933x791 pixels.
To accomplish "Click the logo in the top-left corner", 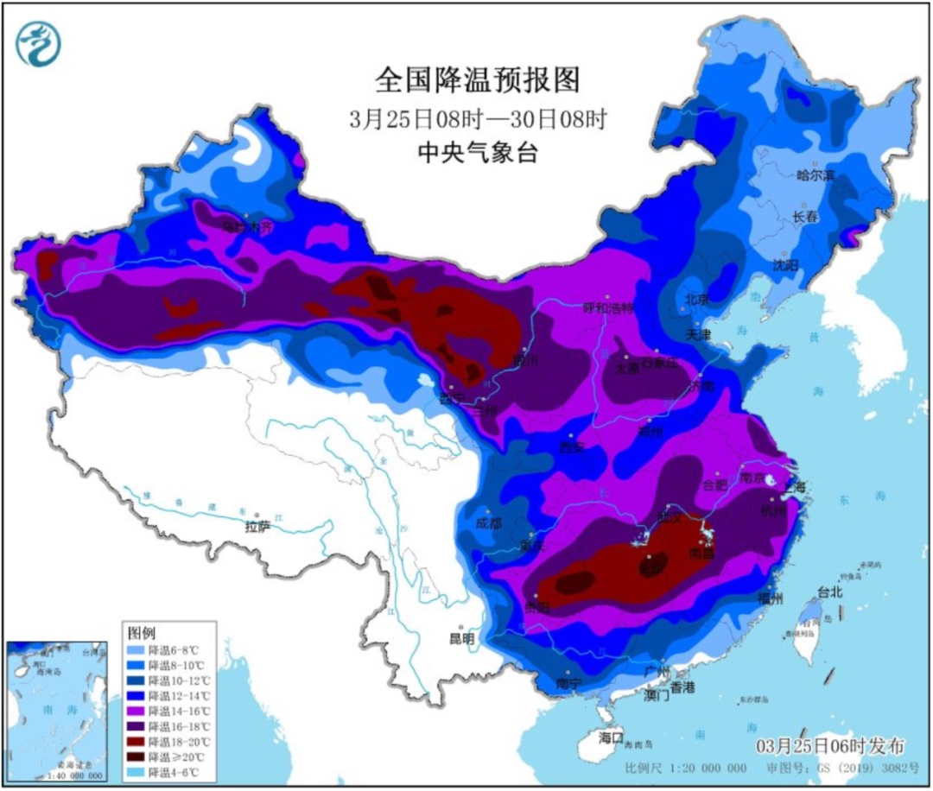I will pyautogui.click(x=40, y=44).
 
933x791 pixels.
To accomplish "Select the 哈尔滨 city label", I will pyautogui.click(x=816, y=175).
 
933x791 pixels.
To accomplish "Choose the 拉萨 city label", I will pyautogui.click(x=257, y=526).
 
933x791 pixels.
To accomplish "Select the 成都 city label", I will pyautogui.click(x=488, y=522).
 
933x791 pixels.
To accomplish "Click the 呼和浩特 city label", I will pyautogui.click(x=609, y=307).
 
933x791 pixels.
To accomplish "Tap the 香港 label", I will pyautogui.click(x=682, y=687).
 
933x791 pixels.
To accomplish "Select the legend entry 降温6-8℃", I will pyautogui.click(x=176, y=649).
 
